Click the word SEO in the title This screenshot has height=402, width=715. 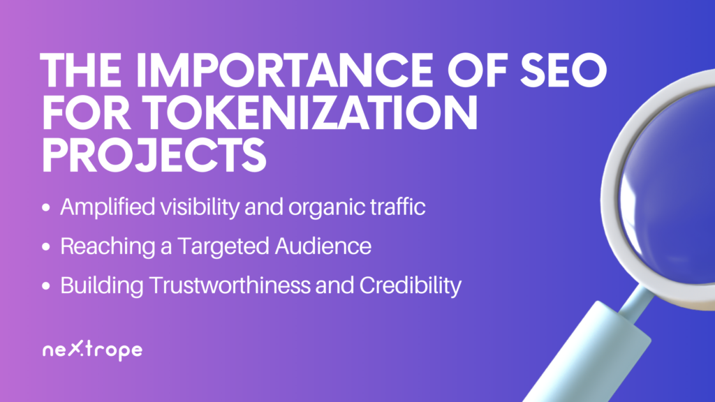(x=563, y=70)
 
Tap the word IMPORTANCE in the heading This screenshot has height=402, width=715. (x=283, y=70)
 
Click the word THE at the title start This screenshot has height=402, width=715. (x=81, y=70)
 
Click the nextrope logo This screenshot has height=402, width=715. (x=93, y=350)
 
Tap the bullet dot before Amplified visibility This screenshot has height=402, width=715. (x=45, y=208)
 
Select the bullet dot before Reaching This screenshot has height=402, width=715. (x=45, y=247)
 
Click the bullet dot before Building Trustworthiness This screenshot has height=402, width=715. (x=45, y=286)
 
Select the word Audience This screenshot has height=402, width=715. (x=323, y=246)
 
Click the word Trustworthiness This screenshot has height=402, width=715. (x=229, y=285)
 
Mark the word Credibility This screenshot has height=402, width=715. (x=411, y=286)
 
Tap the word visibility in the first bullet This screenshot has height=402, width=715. (x=200, y=207)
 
